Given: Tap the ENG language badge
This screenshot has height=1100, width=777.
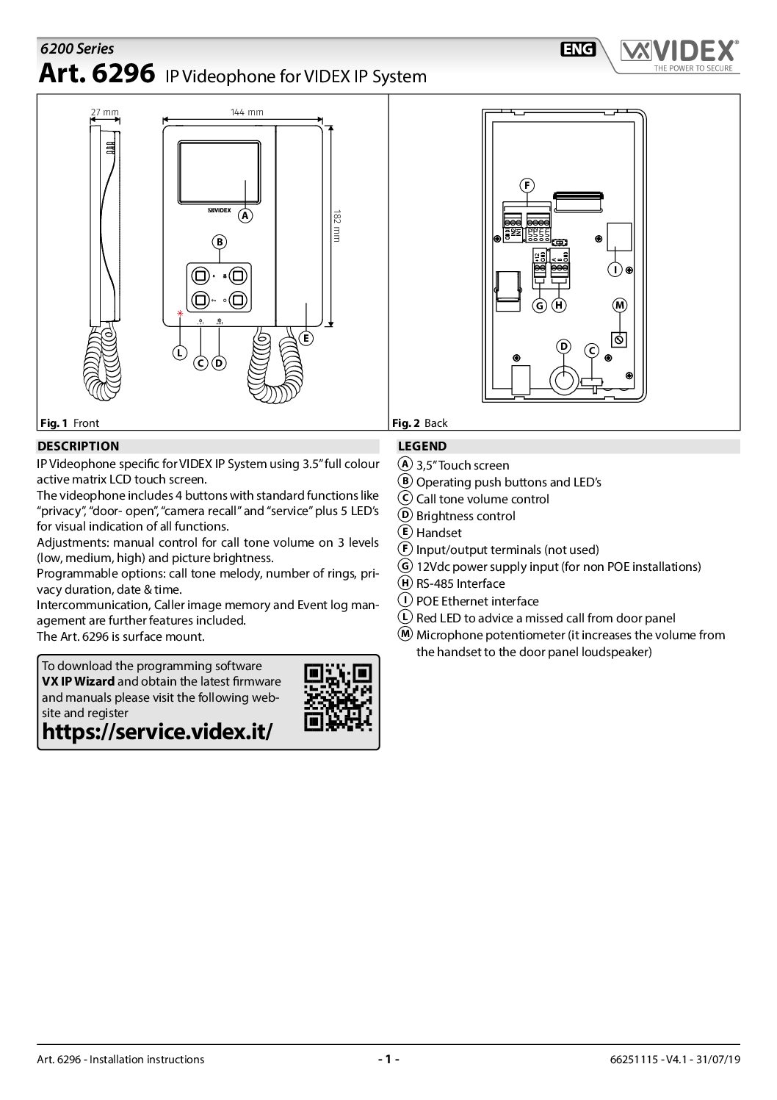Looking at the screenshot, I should tap(578, 49).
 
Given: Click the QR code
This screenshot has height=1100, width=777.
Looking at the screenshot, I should tap(339, 697).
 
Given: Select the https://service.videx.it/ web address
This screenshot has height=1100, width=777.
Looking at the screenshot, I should tap(157, 732).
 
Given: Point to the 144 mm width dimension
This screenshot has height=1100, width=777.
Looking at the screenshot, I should tap(247, 112).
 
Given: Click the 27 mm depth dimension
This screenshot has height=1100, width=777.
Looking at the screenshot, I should tap(104, 112).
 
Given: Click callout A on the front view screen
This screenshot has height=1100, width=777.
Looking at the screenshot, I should tap(245, 215).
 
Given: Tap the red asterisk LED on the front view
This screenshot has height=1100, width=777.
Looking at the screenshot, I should tap(179, 314).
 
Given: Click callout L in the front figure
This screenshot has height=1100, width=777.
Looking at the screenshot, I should tap(179, 353).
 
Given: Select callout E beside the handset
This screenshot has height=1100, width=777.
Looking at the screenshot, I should tap(306, 338).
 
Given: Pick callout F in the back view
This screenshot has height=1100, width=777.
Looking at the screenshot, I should tap(527, 185).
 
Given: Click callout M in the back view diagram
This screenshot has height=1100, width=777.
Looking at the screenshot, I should tap(619, 305).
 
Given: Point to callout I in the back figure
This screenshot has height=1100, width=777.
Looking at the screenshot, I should tap(615, 270).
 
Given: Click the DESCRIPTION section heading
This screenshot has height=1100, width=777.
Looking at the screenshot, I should tap(79, 446).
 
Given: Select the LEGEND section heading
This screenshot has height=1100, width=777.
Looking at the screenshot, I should tap(422, 446).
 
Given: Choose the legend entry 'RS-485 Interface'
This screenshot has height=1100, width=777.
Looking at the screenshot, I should tap(460, 583).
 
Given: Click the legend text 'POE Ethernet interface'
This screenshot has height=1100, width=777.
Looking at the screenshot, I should tap(477, 601).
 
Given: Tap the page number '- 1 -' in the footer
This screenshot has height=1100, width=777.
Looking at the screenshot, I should tap(388, 1059).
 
